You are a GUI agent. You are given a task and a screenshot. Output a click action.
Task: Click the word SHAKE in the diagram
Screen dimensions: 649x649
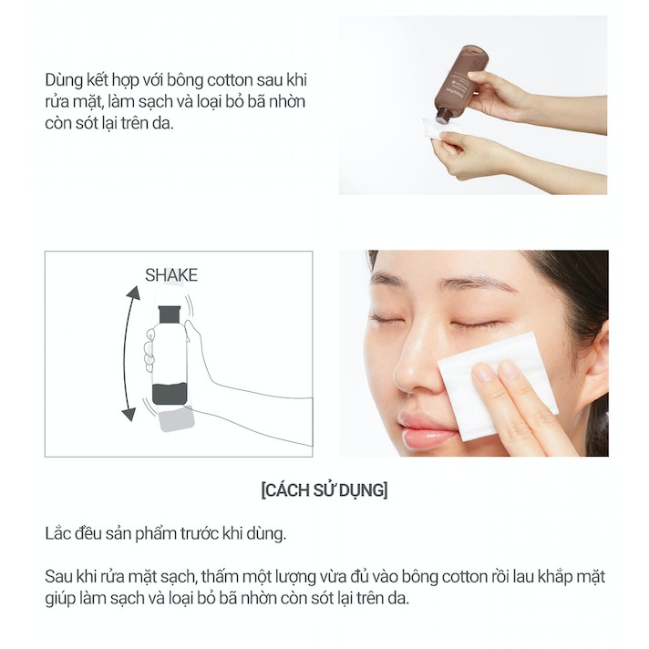[171, 274]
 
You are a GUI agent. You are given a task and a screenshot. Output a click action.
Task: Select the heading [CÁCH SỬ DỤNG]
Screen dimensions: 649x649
[324, 489]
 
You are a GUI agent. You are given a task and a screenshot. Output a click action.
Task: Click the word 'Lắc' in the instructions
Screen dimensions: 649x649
[57, 532]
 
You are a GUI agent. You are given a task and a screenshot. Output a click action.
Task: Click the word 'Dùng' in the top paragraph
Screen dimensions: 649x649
[63, 79]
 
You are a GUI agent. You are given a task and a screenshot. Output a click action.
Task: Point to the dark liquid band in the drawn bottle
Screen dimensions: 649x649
[170, 395]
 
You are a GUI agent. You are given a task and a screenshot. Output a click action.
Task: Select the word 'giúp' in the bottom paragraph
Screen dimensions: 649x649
[60, 599]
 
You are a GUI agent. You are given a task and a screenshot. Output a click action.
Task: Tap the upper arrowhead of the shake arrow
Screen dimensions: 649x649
[134, 294]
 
